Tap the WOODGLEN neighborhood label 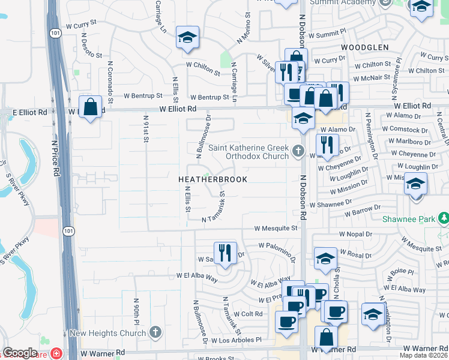click(365, 47)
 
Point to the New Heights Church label click(109, 333)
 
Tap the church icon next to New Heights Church click(155, 332)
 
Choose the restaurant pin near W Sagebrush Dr click(225, 252)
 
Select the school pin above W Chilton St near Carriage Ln click(188, 38)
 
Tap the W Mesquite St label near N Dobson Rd click(276, 229)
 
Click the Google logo click(20, 353)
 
